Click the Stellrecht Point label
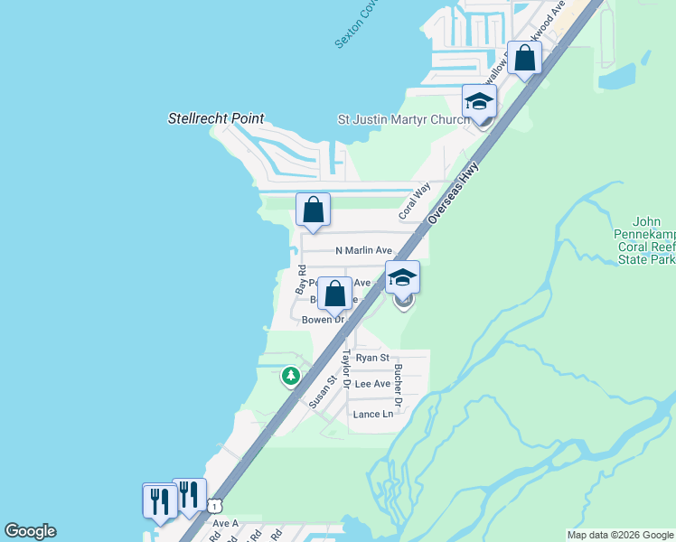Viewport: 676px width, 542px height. [216, 118]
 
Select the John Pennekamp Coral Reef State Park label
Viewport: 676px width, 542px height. [645, 240]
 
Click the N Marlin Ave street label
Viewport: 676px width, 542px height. [363, 250]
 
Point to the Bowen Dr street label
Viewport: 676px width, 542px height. [323, 320]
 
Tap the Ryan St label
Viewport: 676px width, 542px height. [372, 358]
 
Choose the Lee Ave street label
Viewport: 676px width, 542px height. [372, 384]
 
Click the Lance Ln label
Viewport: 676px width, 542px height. [373, 414]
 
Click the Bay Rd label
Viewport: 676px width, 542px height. [301, 279]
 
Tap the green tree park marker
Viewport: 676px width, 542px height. [290, 375]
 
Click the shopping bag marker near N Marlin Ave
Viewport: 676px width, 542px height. [314, 210]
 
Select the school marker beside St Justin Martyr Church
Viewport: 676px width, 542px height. [479, 102]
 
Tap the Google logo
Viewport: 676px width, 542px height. [30, 531]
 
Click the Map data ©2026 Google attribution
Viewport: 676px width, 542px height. [620, 535]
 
